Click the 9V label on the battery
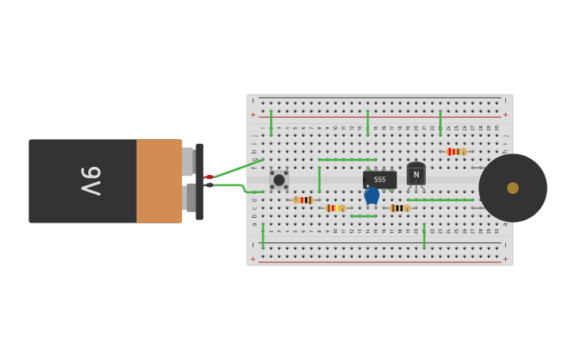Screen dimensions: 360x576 [x=90, y=181]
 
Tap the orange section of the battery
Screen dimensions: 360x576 [x=159, y=181]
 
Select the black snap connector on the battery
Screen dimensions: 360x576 [x=199, y=181]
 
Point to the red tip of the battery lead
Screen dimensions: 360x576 [x=209, y=176]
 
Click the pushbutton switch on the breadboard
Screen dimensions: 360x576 [x=279, y=180]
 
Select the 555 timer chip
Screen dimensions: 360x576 [x=380, y=180]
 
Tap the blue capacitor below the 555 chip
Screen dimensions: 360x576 [x=372, y=195]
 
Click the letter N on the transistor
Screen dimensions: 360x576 [x=416, y=175]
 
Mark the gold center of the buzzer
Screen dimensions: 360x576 [x=512, y=188]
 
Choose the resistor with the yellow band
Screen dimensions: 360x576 [x=335, y=208]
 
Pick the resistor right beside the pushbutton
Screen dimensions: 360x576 [x=303, y=200]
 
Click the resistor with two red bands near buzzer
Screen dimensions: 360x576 [x=456, y=152]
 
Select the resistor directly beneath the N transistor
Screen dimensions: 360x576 [x=400, y=208]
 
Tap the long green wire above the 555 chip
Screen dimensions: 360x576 [x=347, y=160]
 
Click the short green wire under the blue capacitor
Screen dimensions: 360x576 [x=364, y=216]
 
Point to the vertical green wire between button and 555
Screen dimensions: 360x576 [x=319, y=180]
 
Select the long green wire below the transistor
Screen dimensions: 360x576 [x=440, y=200]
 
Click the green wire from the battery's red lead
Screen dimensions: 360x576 [x=238, y=168]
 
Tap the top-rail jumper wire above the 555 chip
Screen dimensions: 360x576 [x=368, y=123]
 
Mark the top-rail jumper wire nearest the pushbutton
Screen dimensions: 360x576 [x=271, y=123]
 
